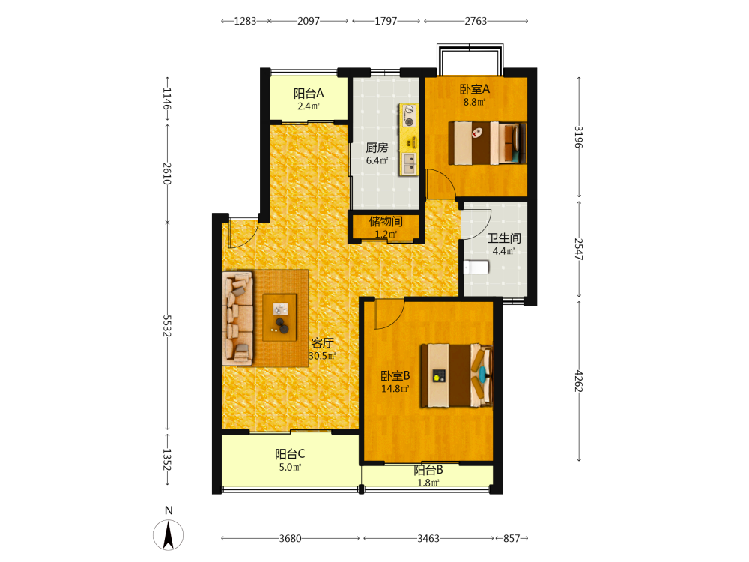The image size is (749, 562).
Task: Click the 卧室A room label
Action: click(474, 89)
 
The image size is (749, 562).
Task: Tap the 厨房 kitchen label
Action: click(377, 148)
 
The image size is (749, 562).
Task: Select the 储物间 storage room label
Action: click(386, 221)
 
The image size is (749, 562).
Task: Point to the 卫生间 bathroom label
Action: click(504, 238)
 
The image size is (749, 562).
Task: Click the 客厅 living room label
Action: click(322, 343)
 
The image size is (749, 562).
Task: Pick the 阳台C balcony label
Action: click(290, 454)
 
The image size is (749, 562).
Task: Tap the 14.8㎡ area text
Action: click(395, 389)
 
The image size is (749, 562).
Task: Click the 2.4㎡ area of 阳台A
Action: click(309, 106)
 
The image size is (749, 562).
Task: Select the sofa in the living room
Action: click(237, 318)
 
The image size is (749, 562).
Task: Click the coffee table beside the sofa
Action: click(279, 318)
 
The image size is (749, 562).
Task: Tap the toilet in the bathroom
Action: click(476, 268)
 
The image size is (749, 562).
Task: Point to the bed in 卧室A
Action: click(488, 143)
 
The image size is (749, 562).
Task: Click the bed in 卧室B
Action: click(456, 375)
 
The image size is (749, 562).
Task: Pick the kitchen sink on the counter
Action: click(409, 163)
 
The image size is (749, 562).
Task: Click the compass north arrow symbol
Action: click(168, 535)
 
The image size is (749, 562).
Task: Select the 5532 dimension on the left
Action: click(167, 325)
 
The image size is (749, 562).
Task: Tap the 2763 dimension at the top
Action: click(476, 21)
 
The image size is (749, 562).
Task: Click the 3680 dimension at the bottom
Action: click(290, 539)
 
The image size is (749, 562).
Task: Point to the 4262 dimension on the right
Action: click(578, 381)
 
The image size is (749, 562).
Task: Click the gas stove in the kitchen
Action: click(409, 116)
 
